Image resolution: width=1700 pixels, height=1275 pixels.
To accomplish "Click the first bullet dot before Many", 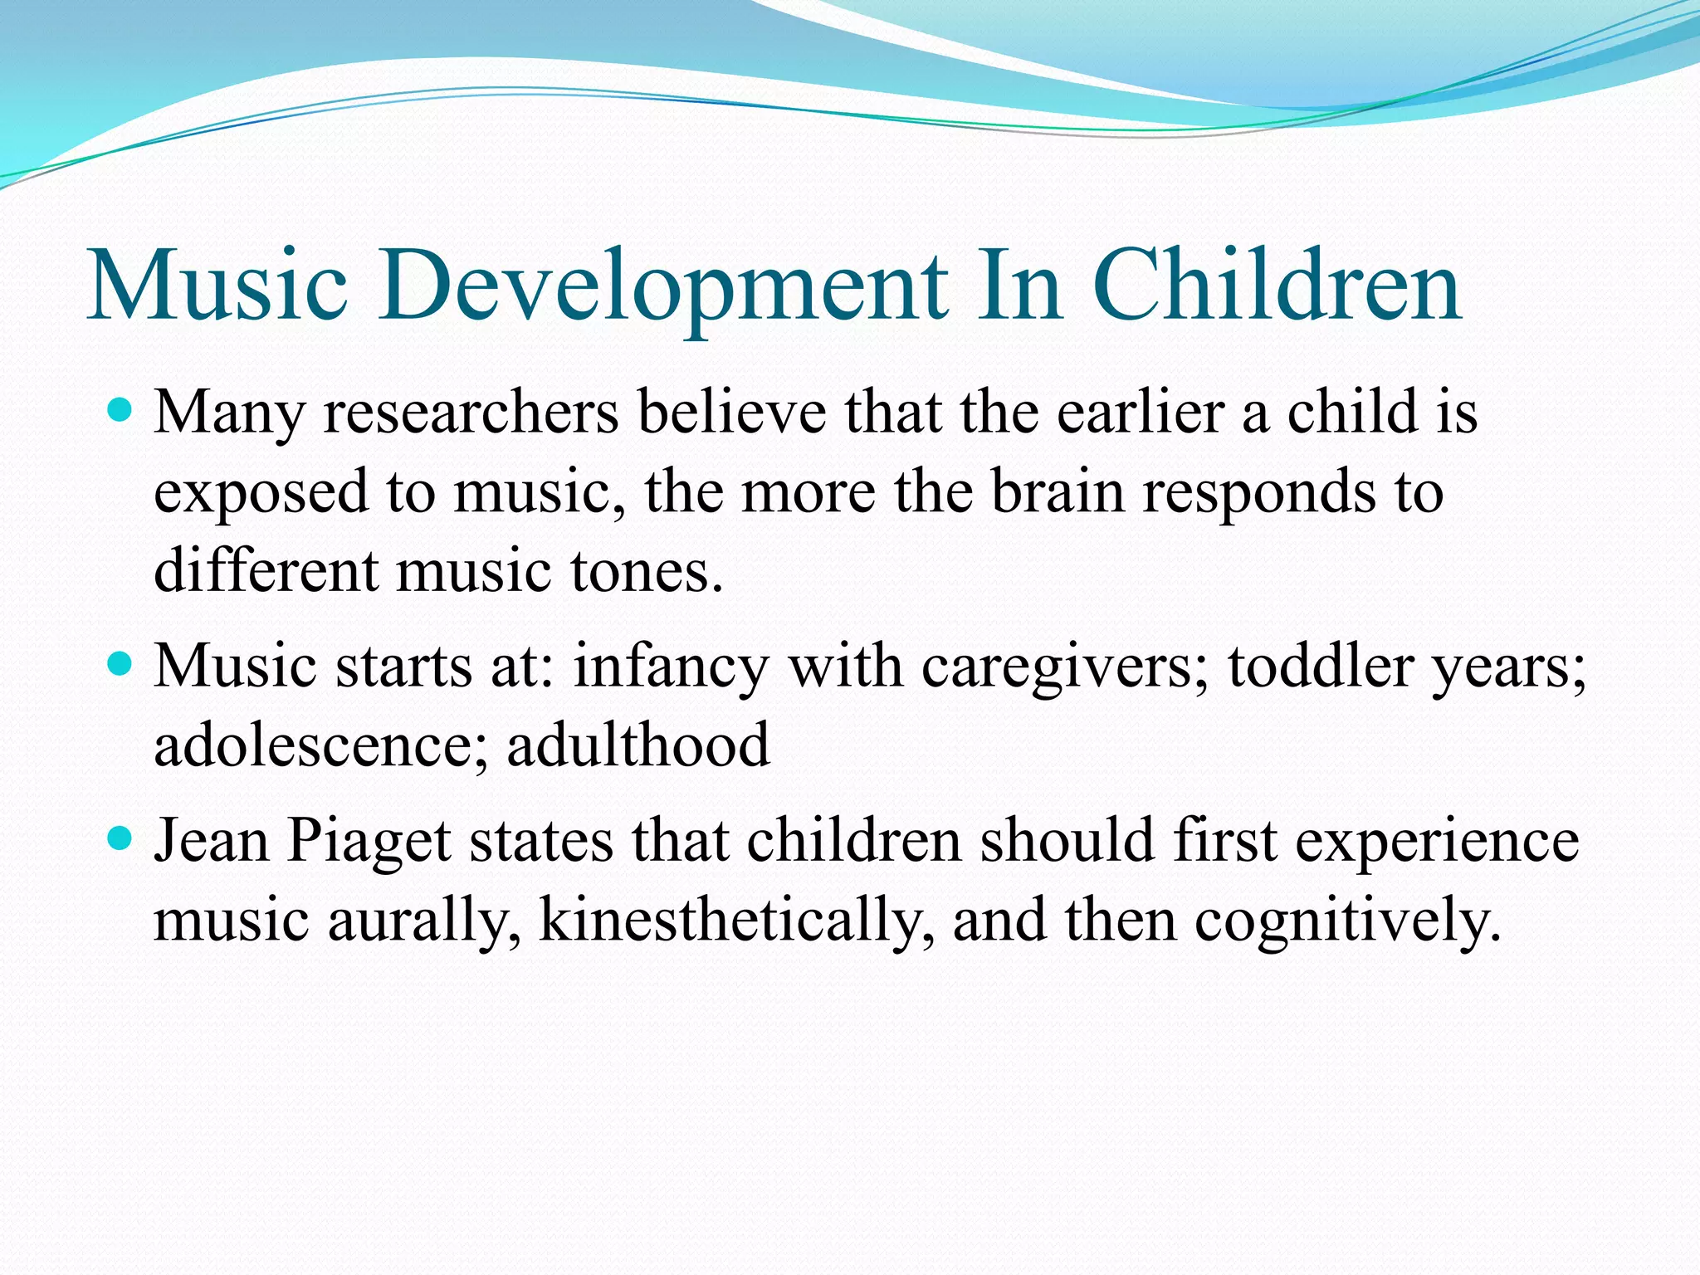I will (121, 410).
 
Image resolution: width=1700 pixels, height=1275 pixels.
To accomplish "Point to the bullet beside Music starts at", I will (121, 664).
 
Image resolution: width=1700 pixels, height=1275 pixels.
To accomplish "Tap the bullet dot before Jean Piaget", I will (121, 839).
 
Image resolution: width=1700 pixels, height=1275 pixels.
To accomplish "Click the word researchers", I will (471, 413).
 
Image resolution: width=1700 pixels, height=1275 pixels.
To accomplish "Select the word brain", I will (1058, 491).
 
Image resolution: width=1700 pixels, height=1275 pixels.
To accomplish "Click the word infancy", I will (672, 667).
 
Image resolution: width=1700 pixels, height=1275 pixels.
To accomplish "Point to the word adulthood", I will (637, 745).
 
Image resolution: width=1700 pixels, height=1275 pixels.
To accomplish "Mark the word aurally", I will (424, 921).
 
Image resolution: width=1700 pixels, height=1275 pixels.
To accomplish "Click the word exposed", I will (261, 493).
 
